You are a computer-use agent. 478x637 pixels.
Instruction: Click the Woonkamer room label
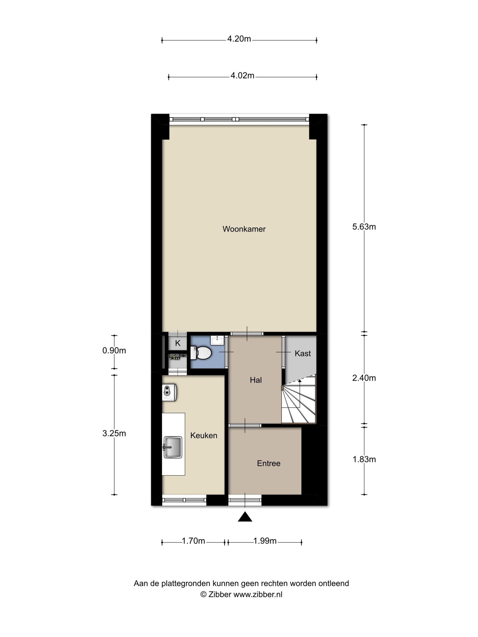pos(244,229)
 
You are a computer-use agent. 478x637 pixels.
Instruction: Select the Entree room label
pos(269,463)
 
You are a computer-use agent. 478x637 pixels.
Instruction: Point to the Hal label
pos(255,380)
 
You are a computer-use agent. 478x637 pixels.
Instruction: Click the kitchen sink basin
pos(173,447)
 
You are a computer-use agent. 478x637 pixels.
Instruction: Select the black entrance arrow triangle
pos(245,517)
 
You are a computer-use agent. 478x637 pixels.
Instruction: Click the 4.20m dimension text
pos(239,39)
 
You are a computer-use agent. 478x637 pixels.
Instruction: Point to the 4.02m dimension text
pos(242,76)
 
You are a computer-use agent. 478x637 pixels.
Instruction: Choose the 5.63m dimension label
pos(364,227)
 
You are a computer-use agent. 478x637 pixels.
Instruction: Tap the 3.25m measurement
pos(114,434)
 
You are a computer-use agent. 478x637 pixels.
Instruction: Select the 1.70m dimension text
pos(193,541)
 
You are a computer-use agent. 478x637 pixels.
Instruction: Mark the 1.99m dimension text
pos(265,541)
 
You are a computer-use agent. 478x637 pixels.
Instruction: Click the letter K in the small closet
pos(178,343)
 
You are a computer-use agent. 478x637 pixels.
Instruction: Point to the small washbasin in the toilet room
pos(217,340)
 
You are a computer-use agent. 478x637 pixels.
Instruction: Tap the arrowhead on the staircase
pos(300,381)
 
